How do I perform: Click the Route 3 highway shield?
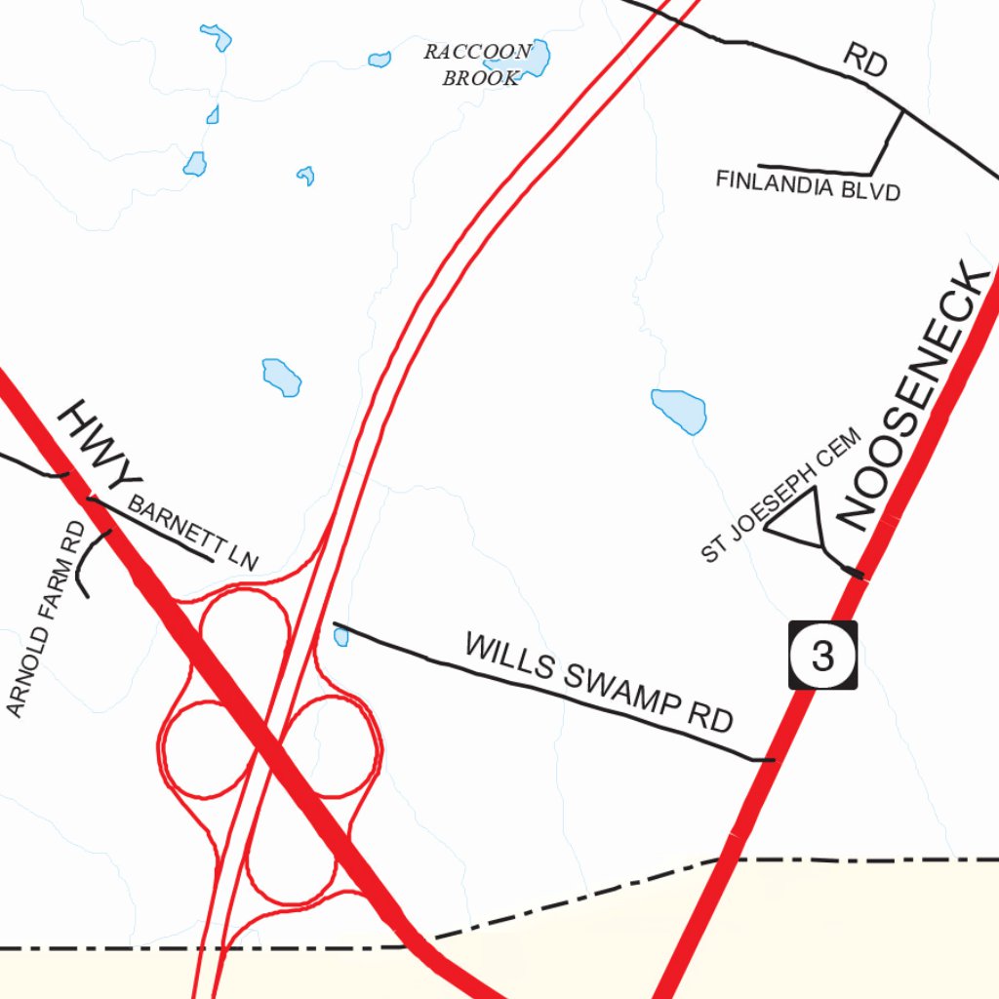tap(822, 656)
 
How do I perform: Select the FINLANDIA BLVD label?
tap(807, 184)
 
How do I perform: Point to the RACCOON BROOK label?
tap(479, 64)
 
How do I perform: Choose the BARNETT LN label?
tap(192, 534)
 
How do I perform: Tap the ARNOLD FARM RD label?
tap(46, 620)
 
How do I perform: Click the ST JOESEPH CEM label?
tap(780, 496)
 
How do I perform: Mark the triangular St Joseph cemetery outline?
tap(798, 521)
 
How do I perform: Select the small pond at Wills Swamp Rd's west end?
tap(340, 637)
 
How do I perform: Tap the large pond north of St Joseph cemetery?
tap(679, 410)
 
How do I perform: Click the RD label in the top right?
tap(864, 61)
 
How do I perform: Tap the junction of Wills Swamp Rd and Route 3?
tap(772, 759)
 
